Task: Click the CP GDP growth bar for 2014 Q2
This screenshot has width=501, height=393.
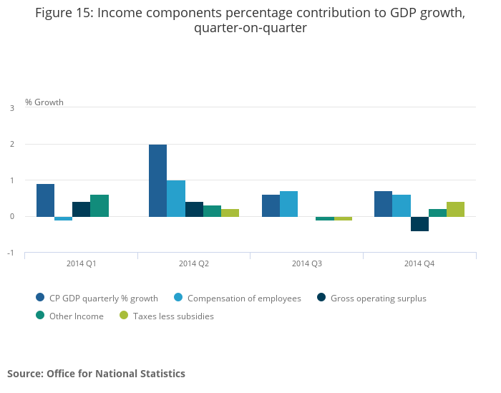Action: point(157,180)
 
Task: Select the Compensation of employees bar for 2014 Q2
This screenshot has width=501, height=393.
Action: point(176,198)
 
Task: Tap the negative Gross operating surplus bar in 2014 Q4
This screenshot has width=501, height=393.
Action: point(419,224)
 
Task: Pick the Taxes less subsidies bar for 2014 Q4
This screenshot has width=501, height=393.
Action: point(455,209)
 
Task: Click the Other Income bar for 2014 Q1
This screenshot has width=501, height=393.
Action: point(99,205)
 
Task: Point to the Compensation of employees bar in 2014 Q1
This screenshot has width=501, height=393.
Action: point(63,218)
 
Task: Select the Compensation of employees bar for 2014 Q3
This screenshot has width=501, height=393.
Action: point(288,204)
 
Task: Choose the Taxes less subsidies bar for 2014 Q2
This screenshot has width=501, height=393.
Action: point(230,213)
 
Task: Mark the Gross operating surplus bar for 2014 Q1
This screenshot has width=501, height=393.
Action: point(81,209)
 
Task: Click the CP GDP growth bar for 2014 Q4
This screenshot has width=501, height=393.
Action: point(383,204)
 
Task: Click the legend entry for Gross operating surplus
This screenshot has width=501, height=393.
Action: point(378,298)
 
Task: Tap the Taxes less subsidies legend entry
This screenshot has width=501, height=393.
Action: point(172,316)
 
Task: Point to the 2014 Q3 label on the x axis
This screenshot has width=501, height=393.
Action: point(307,263)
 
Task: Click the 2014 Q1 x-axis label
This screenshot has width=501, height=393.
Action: point(82,263)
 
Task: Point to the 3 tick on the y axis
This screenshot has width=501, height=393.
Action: point(11,108)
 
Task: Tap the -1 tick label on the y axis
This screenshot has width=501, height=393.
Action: point(11,253)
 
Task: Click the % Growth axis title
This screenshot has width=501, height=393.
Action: point(44,102)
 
